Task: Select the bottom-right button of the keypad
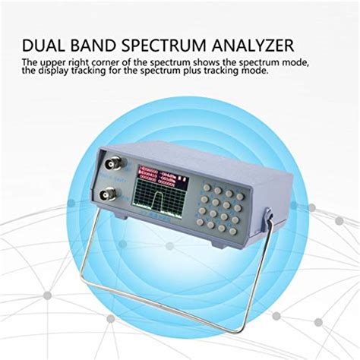(x=242, y=213)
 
